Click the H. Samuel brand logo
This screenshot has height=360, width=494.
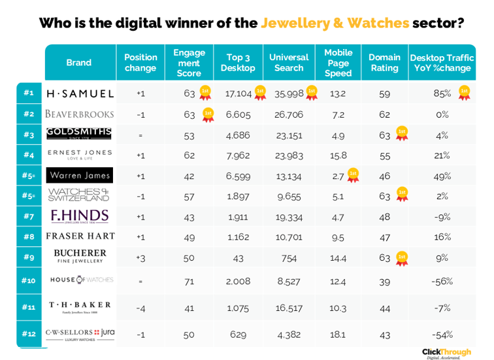coord(80,93)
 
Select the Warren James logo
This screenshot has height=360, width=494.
coord(80,176)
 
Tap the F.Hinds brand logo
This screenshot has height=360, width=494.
coord(80,216)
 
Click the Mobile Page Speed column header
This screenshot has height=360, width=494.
coord(338,63)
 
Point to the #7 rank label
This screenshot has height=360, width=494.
coord(28,216)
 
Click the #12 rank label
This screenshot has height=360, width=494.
coord(28,334)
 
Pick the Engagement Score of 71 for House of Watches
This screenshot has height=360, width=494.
coord(189,281)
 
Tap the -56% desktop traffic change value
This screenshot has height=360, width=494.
coord(442,281)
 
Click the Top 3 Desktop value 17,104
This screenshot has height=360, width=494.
coord(239,93)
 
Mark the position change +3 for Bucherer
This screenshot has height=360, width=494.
coord(140,257)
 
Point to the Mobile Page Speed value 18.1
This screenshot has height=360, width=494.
coord(338,335)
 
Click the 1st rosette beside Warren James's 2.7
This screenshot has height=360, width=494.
coord(353,175)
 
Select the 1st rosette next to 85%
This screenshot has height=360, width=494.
coord(464,92)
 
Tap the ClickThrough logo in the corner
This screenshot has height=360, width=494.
coord(446,353)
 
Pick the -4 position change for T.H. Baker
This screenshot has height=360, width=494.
coord(140,307)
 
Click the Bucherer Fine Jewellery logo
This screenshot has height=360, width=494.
coord(80,256)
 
